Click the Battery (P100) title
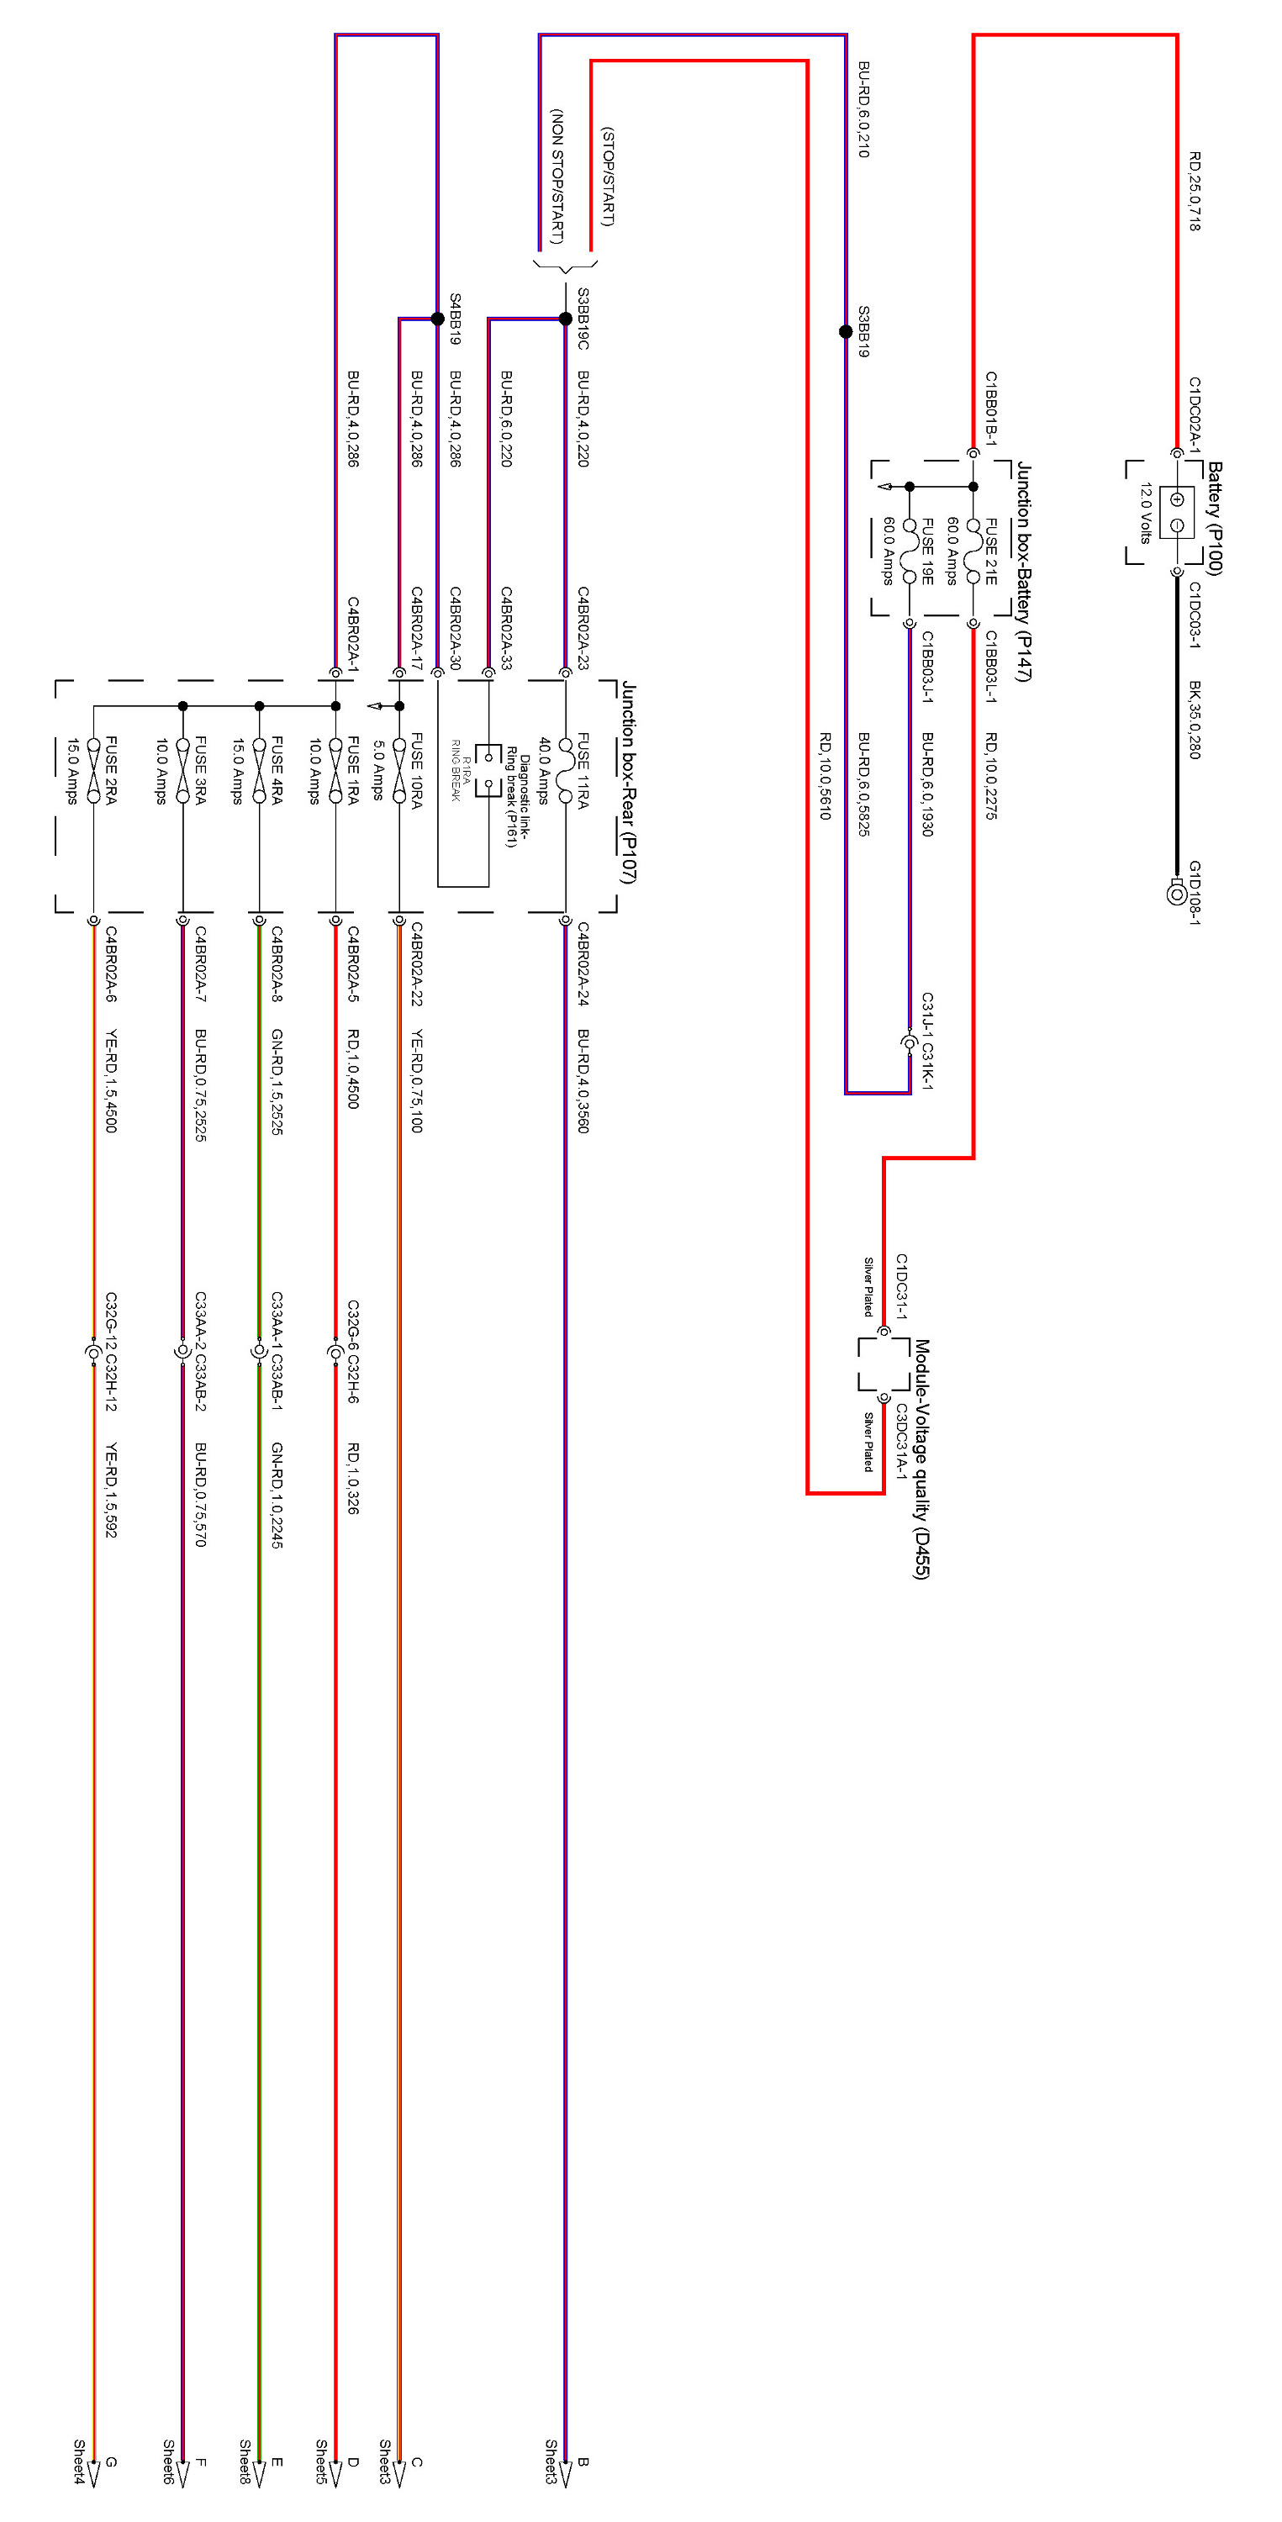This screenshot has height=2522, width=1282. (x=1216, y=518)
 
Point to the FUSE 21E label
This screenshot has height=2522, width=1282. (x=991, y=551)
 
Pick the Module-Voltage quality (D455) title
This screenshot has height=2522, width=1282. (x=921, y=1459)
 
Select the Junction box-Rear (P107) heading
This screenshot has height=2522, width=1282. (x=629, y=783)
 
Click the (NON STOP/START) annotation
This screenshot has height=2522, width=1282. (x=557, y=177)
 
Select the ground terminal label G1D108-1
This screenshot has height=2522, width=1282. (x=1195, y=892)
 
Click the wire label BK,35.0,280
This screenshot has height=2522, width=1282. (x=1195, y=720)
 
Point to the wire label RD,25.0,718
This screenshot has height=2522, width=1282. (x=1195, y=191)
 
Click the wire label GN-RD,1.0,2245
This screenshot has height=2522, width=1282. (x=277, y=1494)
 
